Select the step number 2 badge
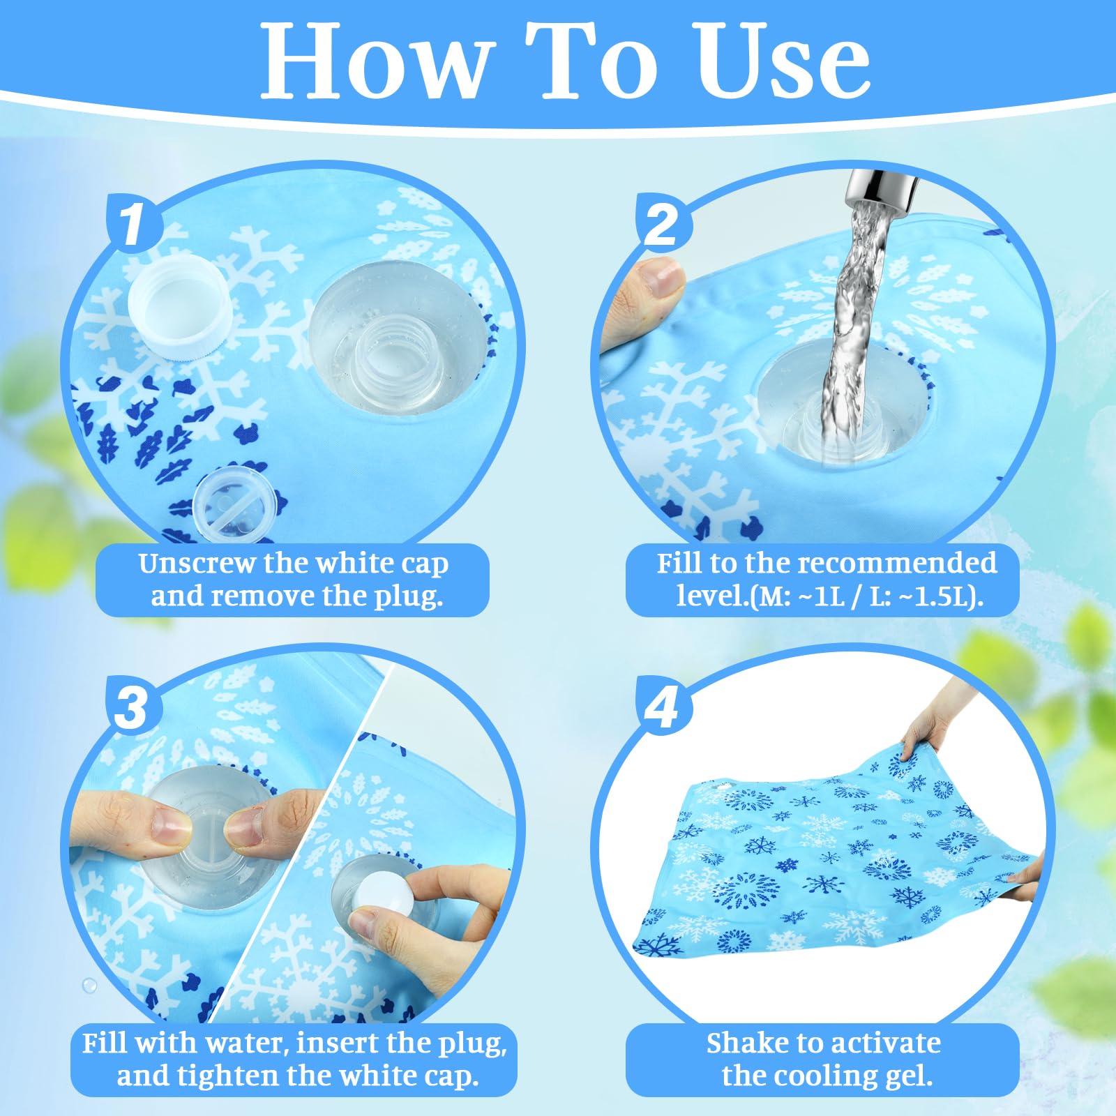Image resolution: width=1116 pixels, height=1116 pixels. tap(663, 223)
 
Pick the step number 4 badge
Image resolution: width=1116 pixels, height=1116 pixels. tap(663, 706)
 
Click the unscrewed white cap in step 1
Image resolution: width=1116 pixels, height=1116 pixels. tap(181, 307)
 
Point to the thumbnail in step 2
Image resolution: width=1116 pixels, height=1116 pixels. tap(659, 278)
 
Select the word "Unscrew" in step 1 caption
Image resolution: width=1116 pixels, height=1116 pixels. tap(197, 564)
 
